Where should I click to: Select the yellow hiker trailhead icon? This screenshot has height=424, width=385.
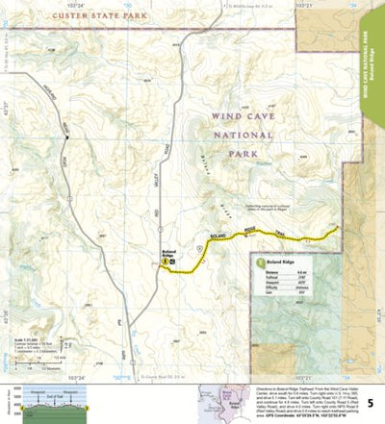(x=167, y=262)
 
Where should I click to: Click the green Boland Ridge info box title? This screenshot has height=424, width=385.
(x=283, y=262)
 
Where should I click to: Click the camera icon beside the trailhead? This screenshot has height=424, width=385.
(x=174, y=262)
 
